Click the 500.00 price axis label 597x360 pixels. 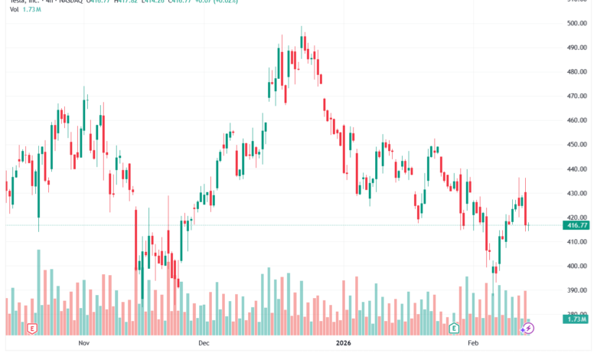(x=576, y=23)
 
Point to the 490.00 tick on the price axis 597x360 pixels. (x=576, y=47)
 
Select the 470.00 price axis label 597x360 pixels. (x=576, y=97)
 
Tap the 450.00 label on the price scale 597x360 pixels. (x=576, y=145)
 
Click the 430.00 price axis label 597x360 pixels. (x=576, y=194)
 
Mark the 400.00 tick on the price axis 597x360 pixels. (x=576, y=267)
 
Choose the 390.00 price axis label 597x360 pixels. (x=576, y=291)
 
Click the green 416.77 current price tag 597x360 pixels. (x=576, y=225)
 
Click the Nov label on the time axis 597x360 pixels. (x=84, y=345)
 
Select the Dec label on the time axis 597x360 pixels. (x=204, y=345)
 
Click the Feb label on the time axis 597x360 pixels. (x=473, y=345)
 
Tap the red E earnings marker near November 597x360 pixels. (x=32, y=328)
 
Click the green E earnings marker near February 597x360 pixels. (x=454, y=328)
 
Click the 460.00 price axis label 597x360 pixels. (x=576, y=120)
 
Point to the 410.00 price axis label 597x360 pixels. (x=576, y=242)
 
